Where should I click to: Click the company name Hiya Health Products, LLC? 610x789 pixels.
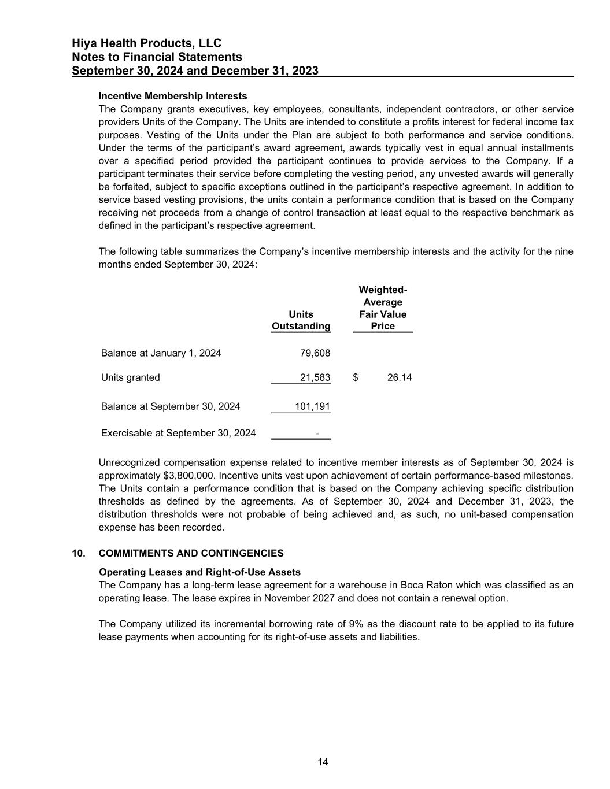pos(146,43)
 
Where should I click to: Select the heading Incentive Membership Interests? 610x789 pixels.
pos(173,96)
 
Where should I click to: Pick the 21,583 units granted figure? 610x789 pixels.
pos(315,377)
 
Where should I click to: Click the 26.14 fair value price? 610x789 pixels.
pos(400,377)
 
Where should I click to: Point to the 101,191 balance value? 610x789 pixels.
pos(313,406)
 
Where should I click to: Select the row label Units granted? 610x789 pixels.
pos(131,377)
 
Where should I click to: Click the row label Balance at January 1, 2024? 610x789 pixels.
pos(161,353)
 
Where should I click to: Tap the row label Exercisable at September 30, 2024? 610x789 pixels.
pos(178,433)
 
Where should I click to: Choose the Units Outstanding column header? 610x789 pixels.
pos(301,320)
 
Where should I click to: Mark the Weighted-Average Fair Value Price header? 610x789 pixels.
pos(383,308)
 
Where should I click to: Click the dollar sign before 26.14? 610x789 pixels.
pos(356,377)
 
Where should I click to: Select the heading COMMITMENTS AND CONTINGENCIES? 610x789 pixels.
pos(191,553)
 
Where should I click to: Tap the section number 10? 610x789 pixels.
pos(78,553)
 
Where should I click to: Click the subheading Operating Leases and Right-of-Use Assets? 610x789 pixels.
pos(199,572)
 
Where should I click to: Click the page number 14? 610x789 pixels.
pos(323,762)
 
